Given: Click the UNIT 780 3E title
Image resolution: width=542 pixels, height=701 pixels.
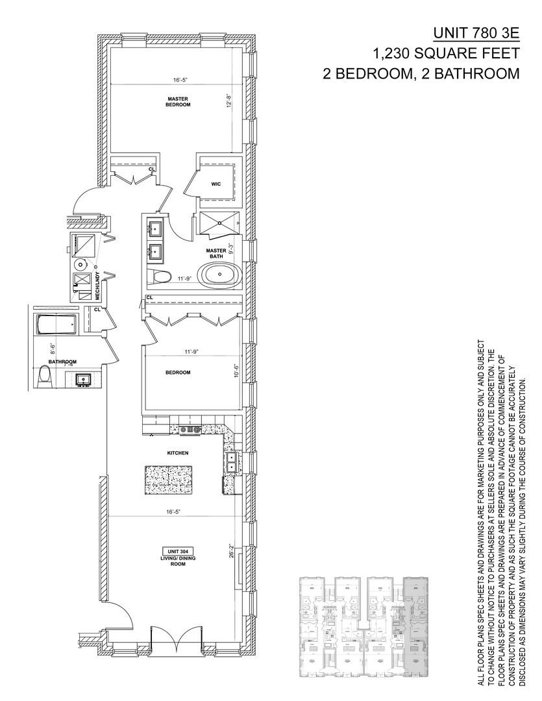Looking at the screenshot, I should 476,32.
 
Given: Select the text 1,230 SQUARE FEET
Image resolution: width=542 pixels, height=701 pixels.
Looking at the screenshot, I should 446,53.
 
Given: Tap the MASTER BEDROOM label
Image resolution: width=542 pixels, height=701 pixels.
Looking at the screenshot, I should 177,101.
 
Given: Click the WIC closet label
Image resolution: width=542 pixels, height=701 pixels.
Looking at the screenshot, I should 216,184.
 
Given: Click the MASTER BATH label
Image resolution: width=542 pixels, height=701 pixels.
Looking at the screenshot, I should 216,253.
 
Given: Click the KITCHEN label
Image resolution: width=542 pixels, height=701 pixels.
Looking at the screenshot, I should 177,453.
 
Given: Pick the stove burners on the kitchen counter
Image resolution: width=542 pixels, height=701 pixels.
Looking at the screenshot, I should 191,429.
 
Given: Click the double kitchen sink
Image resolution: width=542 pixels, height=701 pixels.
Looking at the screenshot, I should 231,460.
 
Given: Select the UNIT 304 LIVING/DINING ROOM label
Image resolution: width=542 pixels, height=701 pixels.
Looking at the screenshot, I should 174,558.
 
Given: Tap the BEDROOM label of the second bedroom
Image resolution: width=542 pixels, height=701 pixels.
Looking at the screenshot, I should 178,373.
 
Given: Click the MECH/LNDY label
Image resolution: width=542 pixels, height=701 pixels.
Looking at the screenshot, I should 97,286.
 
